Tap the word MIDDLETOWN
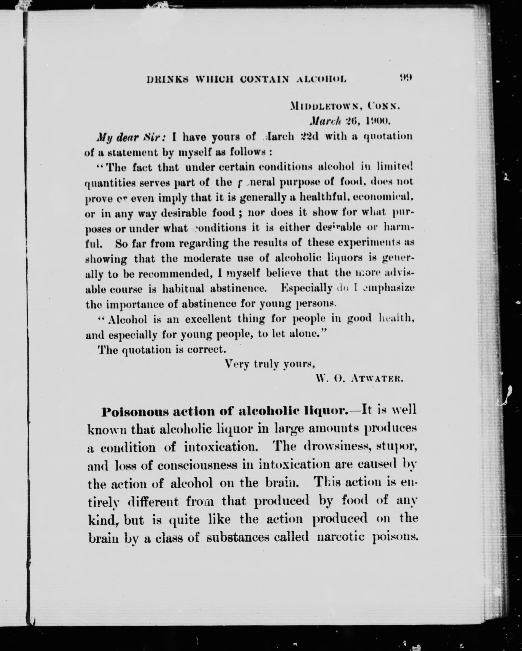pos(324,106)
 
